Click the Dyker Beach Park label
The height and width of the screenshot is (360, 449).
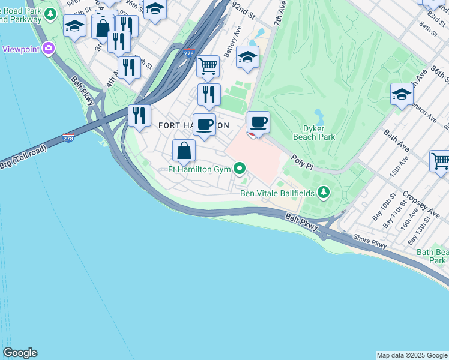pyautogui.click(x=314, y=132)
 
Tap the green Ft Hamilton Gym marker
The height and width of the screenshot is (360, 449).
pyautogui.click(x=240, y=169)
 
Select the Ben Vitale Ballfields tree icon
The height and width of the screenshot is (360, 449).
pyautogui.click(x=324, y=192)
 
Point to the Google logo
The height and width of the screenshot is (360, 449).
pyautogui.click(x=20, y=353)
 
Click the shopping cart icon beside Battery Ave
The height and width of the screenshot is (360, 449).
pyautogui.click(x=208, y=66)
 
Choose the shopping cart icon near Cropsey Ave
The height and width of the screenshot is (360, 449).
pyautogui.click(x=440, y=161)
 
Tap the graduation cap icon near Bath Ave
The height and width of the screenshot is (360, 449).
pyautogui.click(x=402, y=94)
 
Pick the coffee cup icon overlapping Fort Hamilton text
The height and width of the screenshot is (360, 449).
pyautogui.click(x=204, y=124)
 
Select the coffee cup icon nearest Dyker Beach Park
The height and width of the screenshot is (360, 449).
pyautogui.click(x=258, y=122)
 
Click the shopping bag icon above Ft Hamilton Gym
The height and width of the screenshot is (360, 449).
pyautogui.click(x=184, y=150)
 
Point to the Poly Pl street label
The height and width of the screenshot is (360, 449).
pyautogui.click(x=303, y=162)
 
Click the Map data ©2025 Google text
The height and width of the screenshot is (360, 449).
pyautogui.click(x=412, y=355)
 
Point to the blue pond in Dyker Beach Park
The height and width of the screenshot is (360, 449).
pyautogui.click(x=318, y=115)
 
